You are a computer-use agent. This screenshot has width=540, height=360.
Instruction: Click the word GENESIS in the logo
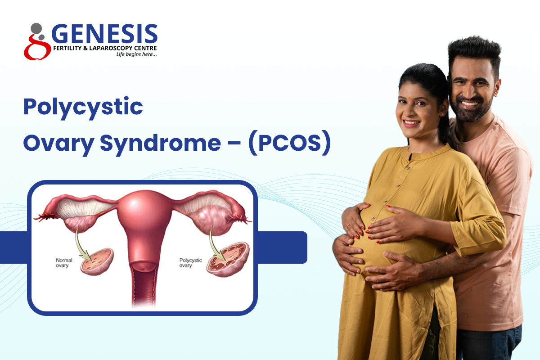click(x=104, y=33)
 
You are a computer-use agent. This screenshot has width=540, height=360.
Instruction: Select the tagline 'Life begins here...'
click(x=136, y=54)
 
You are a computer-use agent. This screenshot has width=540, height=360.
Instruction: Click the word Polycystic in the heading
click(x=83, y=107)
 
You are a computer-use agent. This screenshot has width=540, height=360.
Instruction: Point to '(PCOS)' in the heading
click(x=289, y=143)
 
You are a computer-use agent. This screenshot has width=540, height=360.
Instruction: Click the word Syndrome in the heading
click(x=160, y=144)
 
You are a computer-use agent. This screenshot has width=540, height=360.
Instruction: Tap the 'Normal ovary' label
click(x=64, y=263)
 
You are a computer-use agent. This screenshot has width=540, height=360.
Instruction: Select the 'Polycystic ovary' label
click(x=190, y=263)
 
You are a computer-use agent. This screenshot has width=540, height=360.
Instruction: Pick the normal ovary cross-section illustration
click(x=97, y=261)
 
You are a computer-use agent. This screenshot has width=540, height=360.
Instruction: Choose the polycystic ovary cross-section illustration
click(x=228, y=259)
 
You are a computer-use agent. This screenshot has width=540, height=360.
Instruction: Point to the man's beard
click(x=470, y=110)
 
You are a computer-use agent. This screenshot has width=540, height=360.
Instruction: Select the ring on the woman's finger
click(x=348, y=226)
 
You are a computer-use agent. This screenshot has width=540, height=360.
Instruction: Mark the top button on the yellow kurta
click(x=408, y=167)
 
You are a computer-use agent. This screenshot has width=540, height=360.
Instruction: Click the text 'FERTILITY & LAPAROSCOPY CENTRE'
click(x=105, y=48)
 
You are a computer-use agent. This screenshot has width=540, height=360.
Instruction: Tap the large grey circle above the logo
click(x=36, y=28)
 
